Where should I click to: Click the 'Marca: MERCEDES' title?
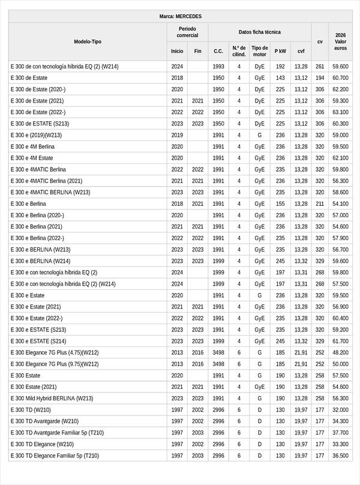pos(180,16)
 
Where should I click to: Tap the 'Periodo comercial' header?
pos(187,32)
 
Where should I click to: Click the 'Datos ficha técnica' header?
pos(259,32)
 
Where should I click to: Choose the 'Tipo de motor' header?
pos(259,51)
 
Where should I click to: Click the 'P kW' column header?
pos(280,52)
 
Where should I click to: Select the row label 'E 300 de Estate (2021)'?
pos(37,101)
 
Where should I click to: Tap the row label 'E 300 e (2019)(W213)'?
pos(36,135)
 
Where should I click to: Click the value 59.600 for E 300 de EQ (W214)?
pos(340,67)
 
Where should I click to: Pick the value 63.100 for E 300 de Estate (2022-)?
pos(340,112)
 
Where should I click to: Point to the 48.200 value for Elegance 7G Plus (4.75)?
pos(340,352)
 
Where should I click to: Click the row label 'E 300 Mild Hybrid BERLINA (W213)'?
pos(52,398)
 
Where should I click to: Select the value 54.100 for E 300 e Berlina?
pos(340,203)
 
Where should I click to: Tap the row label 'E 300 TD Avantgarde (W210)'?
pos(44,421)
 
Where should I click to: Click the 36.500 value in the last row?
pos(340,456)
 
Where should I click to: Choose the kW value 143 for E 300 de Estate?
pos(280,78)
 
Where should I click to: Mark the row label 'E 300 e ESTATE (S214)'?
pos(38,341)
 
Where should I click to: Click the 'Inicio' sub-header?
pos(177,52)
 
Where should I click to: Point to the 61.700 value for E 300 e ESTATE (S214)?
pos(340,341)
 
